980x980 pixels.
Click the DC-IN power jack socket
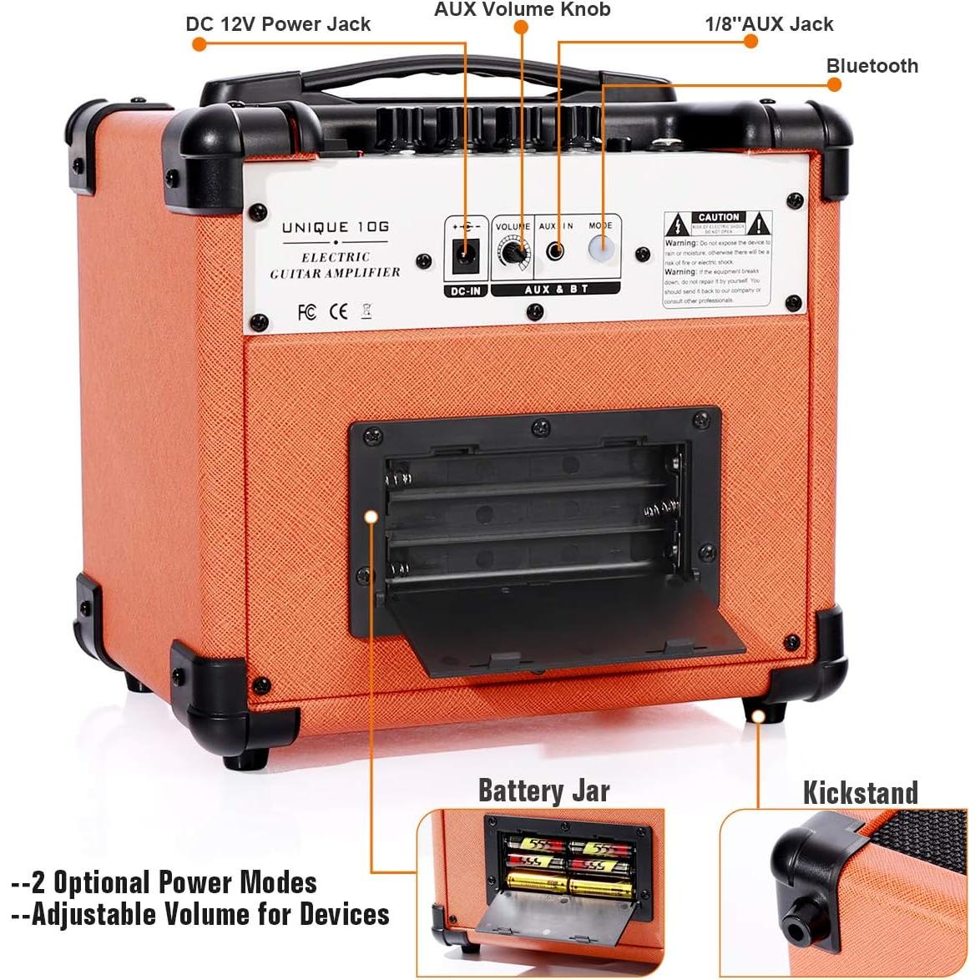point(464,253)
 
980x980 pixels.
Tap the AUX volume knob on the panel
point(511,251)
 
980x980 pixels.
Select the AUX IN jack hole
point(555,250)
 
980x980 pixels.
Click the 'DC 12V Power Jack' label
point(278,24)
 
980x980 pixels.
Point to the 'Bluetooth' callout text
point(871,66)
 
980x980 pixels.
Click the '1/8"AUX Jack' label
point(769,24)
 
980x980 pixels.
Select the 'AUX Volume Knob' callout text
point(522,10)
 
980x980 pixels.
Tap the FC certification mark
point(306,312)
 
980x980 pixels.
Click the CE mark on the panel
point(338,312)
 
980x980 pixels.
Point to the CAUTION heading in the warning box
point(718,217)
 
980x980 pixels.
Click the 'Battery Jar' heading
point(543,790)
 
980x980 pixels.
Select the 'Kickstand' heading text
point(860,792)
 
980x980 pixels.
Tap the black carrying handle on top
point(438,83)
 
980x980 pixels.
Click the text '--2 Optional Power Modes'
point(164,882)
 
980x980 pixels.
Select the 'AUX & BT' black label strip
point(555,289)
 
